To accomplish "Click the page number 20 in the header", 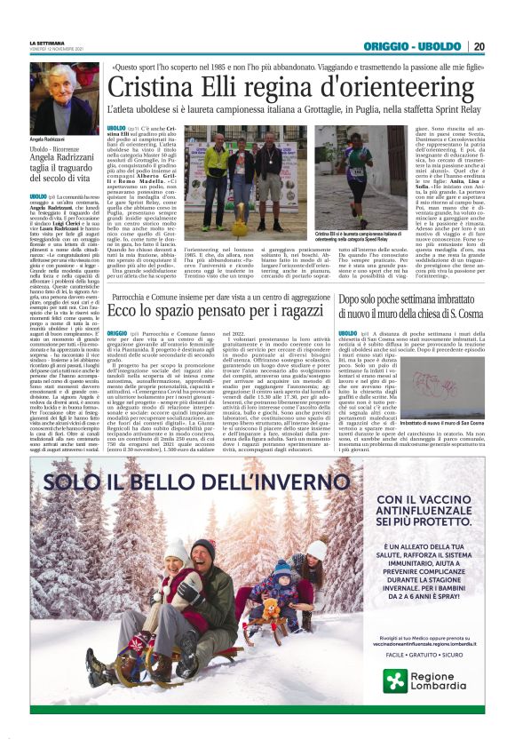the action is pos(479,46).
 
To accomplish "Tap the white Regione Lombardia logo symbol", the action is pos(396,680).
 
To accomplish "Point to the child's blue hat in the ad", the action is pos(281,568).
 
